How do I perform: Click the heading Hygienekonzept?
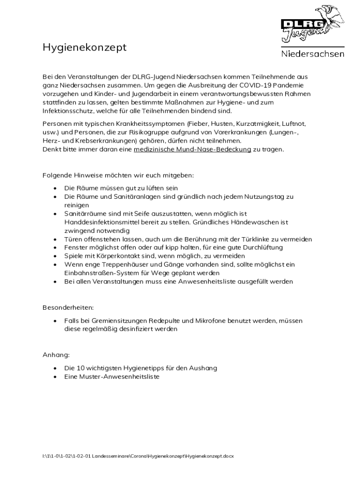85,48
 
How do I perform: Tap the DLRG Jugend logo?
312,23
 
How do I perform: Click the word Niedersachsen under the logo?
313,54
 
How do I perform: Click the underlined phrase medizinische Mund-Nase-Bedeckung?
192,150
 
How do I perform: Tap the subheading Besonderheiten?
68,308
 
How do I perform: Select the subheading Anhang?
56,355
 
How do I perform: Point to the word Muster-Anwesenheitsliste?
119,377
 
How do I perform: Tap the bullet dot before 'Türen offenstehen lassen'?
55,239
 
